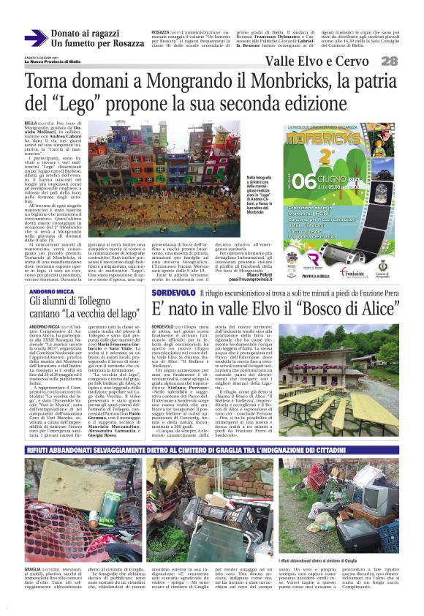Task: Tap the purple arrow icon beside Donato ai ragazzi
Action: (35, 37)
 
